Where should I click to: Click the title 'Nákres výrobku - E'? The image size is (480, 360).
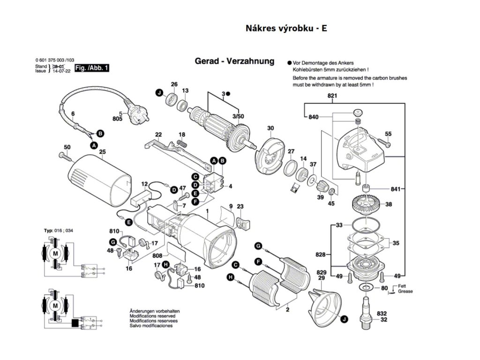[x=286, y=28]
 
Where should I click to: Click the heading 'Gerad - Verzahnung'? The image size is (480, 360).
[x=234, y=61]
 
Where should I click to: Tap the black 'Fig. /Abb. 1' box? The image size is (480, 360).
[x=92, y=68]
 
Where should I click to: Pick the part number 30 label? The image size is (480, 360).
[x=270, y=128]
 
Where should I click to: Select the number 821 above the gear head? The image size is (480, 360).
[x=332, y=96]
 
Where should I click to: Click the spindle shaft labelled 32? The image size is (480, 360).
[x=367, y=310]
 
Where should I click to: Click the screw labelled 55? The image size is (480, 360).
[x=381, y=145]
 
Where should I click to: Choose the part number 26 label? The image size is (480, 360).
[x=174, y=84]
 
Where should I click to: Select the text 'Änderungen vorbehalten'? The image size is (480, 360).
[x=154, y=311]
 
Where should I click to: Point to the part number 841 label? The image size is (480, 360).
[x=396, y=189]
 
